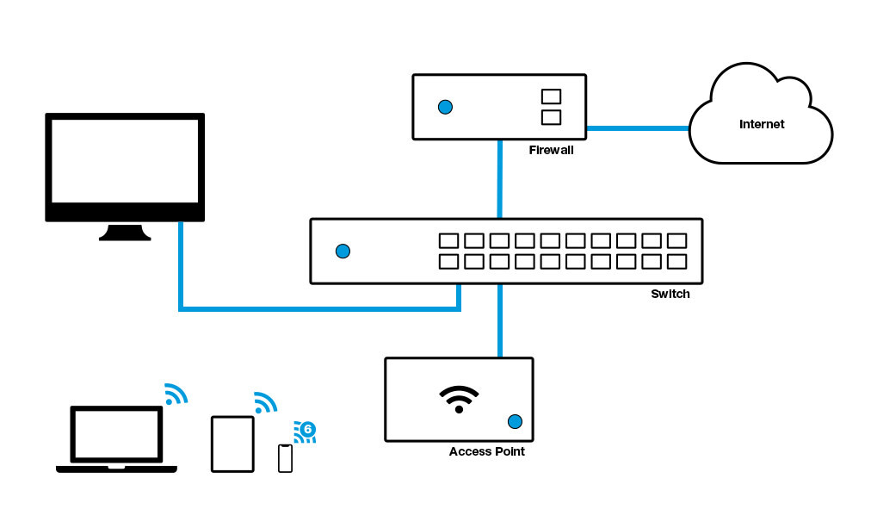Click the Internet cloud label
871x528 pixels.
point(762,124)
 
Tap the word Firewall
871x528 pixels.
point(551,150)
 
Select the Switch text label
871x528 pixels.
point(670,294)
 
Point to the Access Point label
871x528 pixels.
point(486,451)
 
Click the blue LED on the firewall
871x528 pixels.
point(445,108)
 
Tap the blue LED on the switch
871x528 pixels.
point(343,252)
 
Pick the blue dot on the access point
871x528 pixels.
point(515,421)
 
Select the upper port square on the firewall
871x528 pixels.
point(551,97)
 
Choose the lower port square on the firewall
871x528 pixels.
point(551,117)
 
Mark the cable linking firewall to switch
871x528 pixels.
point(499,179)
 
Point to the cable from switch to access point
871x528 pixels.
point(499,320)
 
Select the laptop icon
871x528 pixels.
point(116,439)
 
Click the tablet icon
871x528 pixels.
point(232,444)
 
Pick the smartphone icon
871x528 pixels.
point(285,458)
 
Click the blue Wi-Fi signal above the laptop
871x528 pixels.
point(176,394)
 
